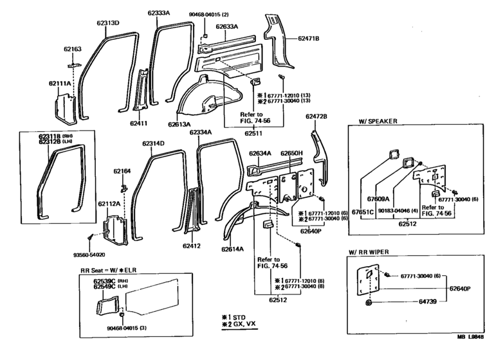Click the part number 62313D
click(x=108, y=23)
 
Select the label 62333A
click(x=158, y=12)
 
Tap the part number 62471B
click(x=308, y=39)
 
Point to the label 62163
click(x=73, y=49)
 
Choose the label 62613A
click(x=181, y=125)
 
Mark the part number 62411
click(x=139, y=123)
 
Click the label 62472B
click(x=316, y=116)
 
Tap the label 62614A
click(x=235, y=248)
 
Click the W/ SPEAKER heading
click(x=376, y=120)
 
